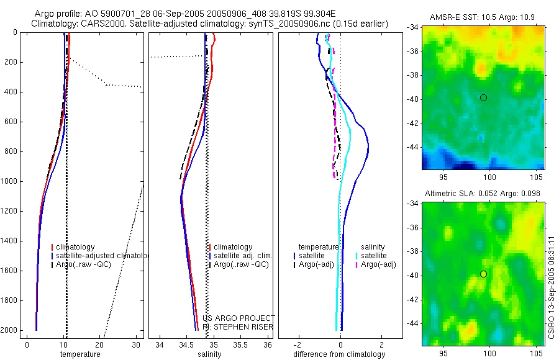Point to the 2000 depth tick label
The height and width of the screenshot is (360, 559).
[x=9, y=330]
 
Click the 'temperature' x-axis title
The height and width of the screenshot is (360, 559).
[x=80, y=354]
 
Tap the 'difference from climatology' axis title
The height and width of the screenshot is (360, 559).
[x=339, y=354]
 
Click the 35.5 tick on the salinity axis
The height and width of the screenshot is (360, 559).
[x=241, y=344]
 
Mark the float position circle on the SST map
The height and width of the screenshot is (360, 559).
[x=483, y=97]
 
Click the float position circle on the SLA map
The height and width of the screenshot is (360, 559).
[x=483, y=274]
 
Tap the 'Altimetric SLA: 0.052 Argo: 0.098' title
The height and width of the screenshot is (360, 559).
[x=483, y=194]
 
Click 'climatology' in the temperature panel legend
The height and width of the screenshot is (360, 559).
[x=75, y=247]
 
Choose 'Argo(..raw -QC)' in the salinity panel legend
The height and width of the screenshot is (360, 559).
[x=241, y=264]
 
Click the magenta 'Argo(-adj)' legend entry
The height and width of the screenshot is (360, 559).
[x=378, y=264]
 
